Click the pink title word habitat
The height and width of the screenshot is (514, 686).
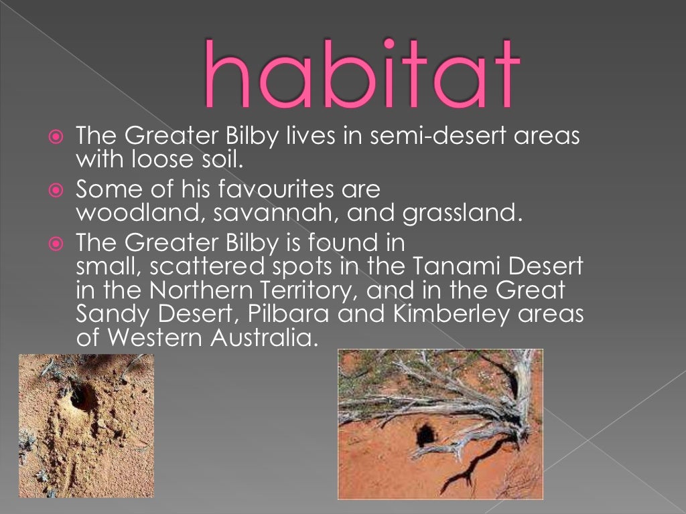(362, 75)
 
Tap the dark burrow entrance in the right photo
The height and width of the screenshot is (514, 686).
(425, 435)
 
